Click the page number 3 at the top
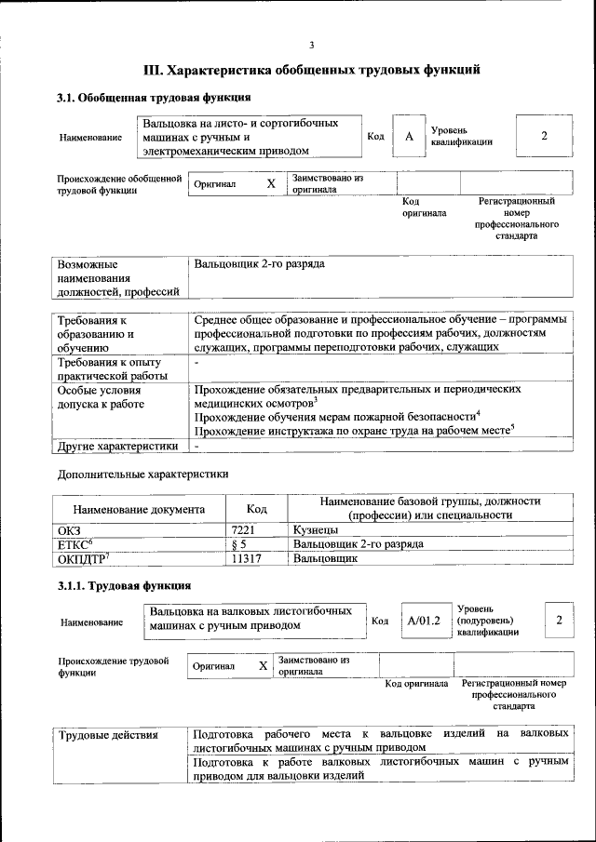(x=312, y=46)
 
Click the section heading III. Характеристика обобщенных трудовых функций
(x=312, y=70)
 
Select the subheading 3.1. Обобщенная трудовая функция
(x=154, y=98)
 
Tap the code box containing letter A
(x=408, y=137)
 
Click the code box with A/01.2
(x=422, y=621)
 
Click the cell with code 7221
(x=243, y=529)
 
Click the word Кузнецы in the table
(x=317, y=529)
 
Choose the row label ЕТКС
(x=76, y=543)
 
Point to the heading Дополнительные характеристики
(x=142, y=474)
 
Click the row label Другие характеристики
(x=117, y=446)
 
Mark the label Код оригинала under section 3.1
(x=424, y=207)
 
